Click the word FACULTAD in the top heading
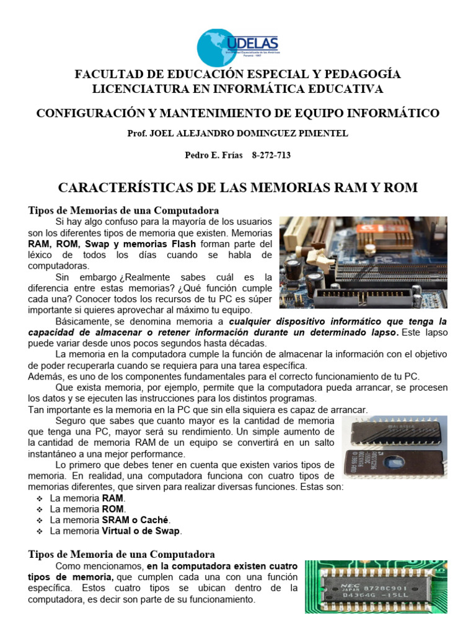coord(108,74)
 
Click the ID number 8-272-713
coord(271,155)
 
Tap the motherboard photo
coord(363,262)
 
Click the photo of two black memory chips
coord(394,446)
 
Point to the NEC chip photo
coord(384,587)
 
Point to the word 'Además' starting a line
coord(45,376)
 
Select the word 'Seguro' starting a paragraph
coord(71,420)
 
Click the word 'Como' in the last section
coord(66,567)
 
